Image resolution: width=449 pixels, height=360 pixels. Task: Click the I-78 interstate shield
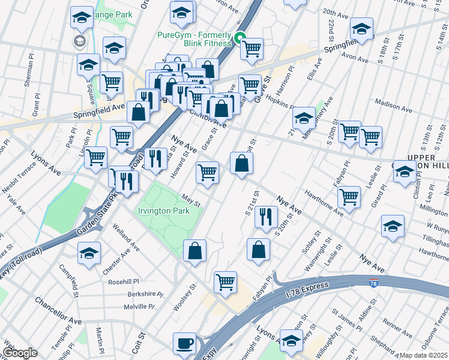[x=373, y=284]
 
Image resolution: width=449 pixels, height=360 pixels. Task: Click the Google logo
[x=19, y=353]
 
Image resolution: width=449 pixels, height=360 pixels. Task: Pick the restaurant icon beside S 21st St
[x=266, y=217]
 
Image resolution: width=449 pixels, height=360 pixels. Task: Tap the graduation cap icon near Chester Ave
[x=88, y=253]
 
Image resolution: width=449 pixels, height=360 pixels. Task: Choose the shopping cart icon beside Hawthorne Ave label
[x=349, y=196]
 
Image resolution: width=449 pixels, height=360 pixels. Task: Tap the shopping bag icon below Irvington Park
[x=194, y=251]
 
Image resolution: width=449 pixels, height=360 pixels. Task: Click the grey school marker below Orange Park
[x=79, y=41]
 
